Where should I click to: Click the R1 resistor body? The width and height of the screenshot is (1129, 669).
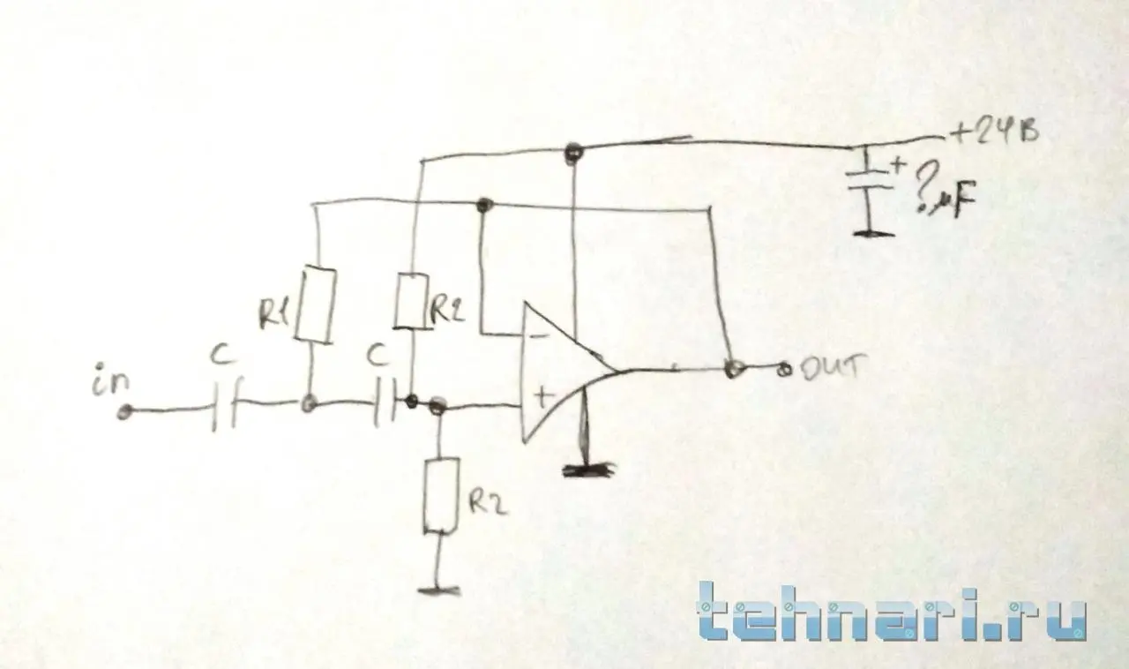pyautogui.click(x=317, y=304)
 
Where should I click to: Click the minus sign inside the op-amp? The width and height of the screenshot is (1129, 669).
pyautogui.click(x=539, y=336)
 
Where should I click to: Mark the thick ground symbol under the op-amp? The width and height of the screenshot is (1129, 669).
pyautogui.click(x=589, y=470)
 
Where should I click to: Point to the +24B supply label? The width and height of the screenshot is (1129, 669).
pyautogui.click(x=991, y=134)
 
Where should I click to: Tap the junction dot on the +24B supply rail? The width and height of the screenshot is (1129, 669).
pyautogui.click(x=573, y=153)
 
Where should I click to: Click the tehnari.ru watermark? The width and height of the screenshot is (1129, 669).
pyautogui.click(x=891, y=610)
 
